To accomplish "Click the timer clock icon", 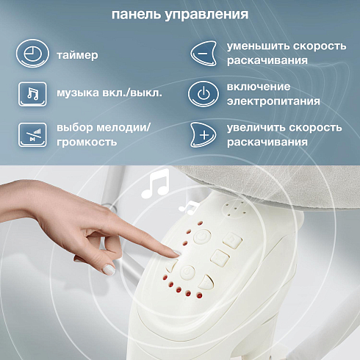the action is point(32,54).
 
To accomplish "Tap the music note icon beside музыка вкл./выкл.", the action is point(32,94).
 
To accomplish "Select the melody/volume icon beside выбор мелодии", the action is point(32,134).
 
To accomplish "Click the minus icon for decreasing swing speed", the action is point(204,54).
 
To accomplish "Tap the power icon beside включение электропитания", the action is point(204,94).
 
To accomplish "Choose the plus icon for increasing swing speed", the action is point(204,134).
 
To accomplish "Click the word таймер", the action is point(77,55).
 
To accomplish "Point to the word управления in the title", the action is point(206,15).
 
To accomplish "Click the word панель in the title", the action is point(136,14).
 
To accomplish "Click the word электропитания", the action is point(273,101).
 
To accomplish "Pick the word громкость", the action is point(87,142).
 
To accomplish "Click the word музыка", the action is point(78,93).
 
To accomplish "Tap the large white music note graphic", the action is point(155,183).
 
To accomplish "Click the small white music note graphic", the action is point(189,208).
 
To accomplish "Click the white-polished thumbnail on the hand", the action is point(109,270).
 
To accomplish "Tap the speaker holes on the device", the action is point(236,209).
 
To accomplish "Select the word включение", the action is point(259,87).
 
